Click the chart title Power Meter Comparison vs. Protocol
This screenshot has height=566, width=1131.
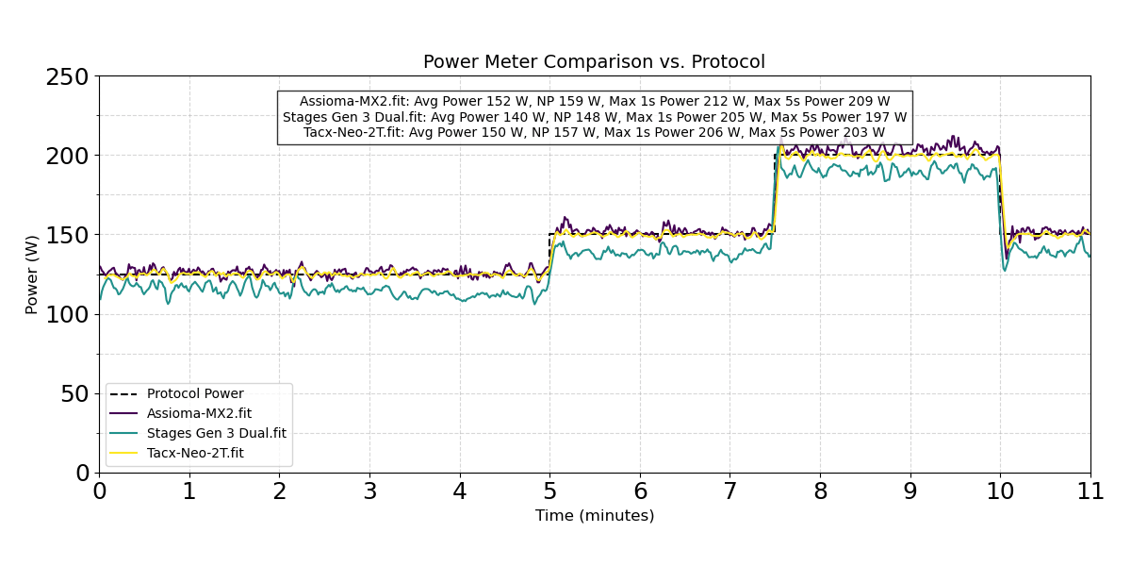[x=594, y=62]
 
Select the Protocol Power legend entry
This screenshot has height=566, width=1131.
[x=195, y=394]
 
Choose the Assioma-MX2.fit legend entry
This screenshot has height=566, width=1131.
[x=199, y=414]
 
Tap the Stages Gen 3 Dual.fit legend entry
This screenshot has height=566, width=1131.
[x=216, y=434]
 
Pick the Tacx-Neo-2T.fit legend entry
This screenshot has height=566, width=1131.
[x=195, y=454]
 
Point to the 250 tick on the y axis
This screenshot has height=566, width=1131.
[x=68, y=77]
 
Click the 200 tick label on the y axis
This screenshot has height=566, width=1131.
[x=68, y=156]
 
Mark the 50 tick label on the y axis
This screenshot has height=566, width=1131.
[x=75, y=393]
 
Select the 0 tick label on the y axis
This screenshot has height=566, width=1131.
[x=82, y=473]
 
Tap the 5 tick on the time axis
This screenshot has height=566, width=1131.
[x=549, y=491]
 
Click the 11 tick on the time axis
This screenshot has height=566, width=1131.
[x=1090, y=491]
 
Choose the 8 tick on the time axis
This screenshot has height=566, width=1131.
[x=820, y=491]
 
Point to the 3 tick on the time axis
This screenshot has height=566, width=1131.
[x=369, y=491]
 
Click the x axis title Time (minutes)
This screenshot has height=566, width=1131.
[x=594, y=516]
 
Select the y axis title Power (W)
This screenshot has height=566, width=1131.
[x=32, y=275]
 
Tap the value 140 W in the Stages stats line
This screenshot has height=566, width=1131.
[x=487, y=118]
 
